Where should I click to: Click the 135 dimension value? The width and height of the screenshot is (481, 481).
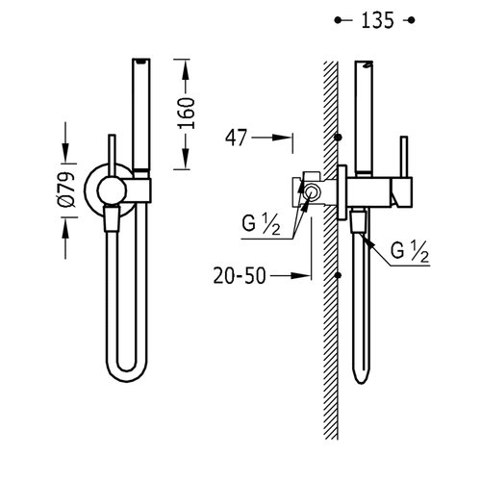click(377, 20)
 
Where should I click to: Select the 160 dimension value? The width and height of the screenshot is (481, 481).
click(187, 114)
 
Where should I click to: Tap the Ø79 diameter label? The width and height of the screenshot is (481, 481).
click(67, 190)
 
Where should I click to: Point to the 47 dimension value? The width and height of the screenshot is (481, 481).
click(237, 138)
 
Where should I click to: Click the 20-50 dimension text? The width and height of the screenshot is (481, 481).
click(240, 276)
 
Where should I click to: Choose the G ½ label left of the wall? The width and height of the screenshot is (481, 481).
click(261, 224)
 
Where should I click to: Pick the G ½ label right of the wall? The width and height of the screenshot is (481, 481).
click(409, 251)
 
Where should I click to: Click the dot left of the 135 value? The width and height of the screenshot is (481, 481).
click(338, 20)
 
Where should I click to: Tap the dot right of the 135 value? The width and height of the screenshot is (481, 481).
click(412, 20)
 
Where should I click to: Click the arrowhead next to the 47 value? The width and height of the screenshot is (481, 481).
click(282, 138)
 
